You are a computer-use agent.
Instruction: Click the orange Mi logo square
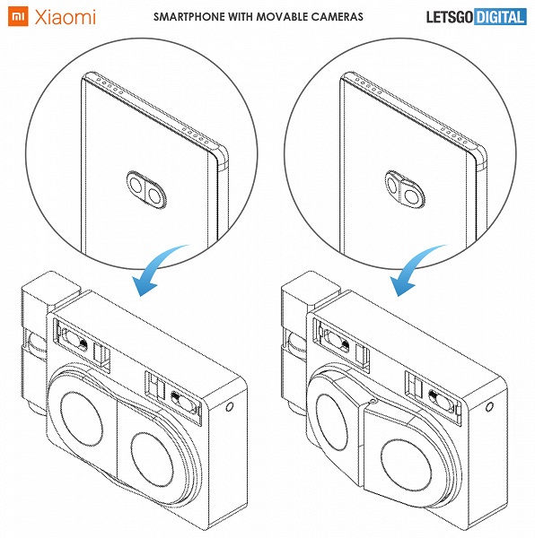coord(18,16)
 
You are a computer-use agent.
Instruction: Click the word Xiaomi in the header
coord(65,17)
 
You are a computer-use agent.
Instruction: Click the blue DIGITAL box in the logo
coord(500,17)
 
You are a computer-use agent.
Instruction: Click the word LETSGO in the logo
coord(450,17)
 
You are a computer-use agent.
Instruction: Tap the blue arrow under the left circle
coord(158,269)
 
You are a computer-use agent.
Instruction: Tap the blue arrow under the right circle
coord(417,269)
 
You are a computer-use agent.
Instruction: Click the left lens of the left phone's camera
coord(136,184)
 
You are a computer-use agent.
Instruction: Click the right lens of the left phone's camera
coord(154,195)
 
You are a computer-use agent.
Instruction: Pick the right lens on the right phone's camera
coord(411,196)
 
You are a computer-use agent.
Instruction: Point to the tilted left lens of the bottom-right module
coord(331,422)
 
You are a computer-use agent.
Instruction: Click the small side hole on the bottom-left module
coord(230,407)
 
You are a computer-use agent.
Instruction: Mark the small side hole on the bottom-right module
coord(490,407)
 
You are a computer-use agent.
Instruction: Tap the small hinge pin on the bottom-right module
coord(373,401)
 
